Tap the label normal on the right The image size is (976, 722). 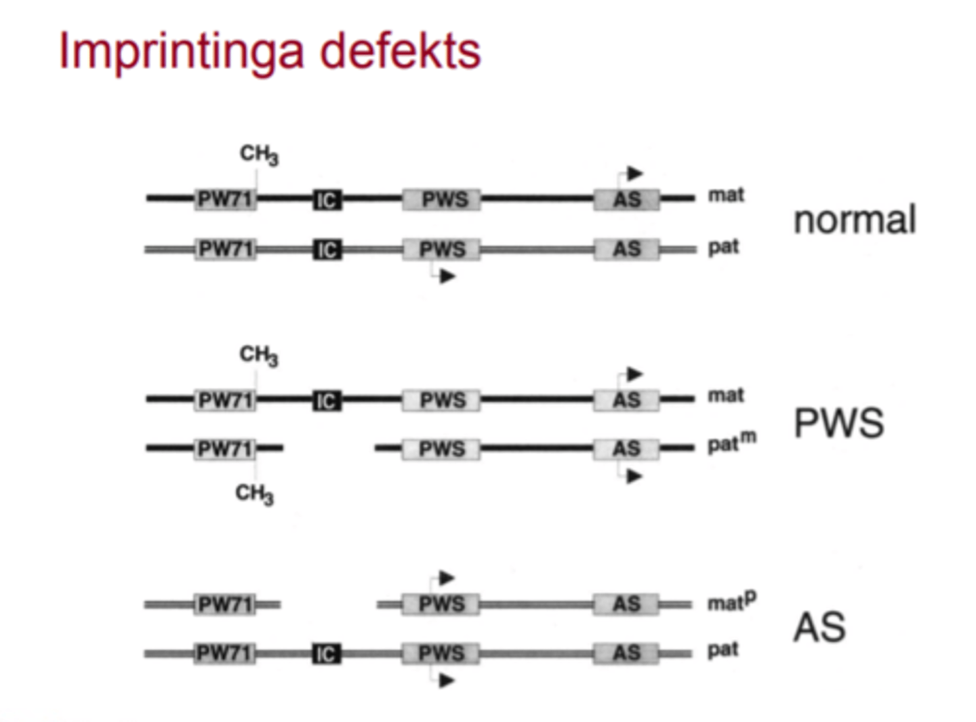click(854, 220)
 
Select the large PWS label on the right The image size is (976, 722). click(838, 423)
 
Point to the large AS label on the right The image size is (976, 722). click(819, 627)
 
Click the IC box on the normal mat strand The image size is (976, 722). click(327, 199)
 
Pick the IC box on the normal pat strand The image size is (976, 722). click(327, 249)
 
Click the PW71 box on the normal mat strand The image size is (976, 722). click(225, 199)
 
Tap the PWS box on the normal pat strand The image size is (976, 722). click(442, 249)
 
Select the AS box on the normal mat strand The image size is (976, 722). click(627, 199)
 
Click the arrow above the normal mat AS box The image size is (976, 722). click(634, 174)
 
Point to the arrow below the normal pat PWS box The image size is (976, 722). click(447, 276)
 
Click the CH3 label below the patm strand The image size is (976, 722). click(254, 494)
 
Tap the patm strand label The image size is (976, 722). click(731, 443)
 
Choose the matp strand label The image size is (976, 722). click(731, 601)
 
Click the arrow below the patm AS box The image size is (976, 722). click(633, 477)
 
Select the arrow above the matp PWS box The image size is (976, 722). click(446, 578)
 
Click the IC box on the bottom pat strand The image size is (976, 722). click(327, 654)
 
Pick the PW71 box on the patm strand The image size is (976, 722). click(225, 449)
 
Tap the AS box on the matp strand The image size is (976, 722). click(626, 604)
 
